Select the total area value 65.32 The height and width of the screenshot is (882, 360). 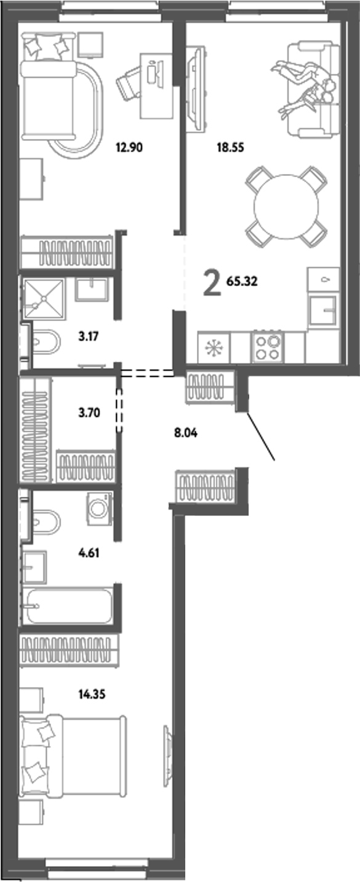242,282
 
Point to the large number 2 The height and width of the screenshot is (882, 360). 212,284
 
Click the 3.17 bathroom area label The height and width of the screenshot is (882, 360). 87,336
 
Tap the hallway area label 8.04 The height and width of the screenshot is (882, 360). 186,432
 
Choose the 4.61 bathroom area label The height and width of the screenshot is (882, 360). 87,552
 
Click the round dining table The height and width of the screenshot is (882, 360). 287,205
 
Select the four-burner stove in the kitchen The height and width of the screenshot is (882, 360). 268,347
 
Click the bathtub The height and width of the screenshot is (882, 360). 67,606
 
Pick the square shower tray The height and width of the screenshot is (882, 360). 44,299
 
